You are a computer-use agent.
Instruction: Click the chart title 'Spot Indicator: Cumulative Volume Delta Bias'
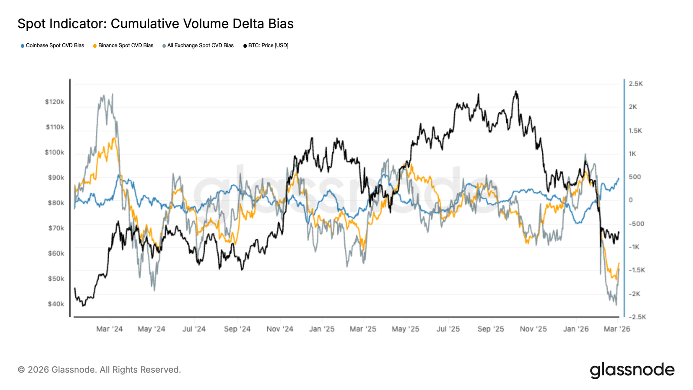[x=155, y=24]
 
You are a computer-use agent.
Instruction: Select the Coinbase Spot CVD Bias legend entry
[x=55, y=45]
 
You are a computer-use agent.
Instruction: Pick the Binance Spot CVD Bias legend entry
[x=126, y=45]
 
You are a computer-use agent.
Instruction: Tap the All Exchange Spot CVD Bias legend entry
[x=200, y=45]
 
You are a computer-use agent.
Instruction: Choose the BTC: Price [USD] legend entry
[x=268, y=45]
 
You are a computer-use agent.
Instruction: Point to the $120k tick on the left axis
[x=55, y=102]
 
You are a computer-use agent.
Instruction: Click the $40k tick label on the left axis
[x=56, y=304]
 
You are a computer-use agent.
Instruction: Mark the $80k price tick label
[x=56, y=203]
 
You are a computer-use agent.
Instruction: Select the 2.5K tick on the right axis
[x=636, y=84]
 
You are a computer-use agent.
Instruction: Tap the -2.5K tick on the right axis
[x=637, y=317]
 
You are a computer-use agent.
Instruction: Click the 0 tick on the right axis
[x=631, y=200]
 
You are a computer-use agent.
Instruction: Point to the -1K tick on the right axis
[x=634, y=247]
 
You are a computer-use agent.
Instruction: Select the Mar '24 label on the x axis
[x=109, y=329]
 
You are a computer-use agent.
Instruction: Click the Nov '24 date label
[x=280, y=329]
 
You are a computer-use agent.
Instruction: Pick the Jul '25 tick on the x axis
[x=448, y=329]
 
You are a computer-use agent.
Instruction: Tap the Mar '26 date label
[x=617, y=329]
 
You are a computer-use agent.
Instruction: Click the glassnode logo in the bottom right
[x=632, y=370]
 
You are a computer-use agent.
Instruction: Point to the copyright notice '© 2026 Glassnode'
[x=99, y=370]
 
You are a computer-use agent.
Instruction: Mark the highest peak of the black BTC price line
[x=515, y=91]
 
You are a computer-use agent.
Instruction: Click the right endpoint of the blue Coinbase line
[x=619, y=178]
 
